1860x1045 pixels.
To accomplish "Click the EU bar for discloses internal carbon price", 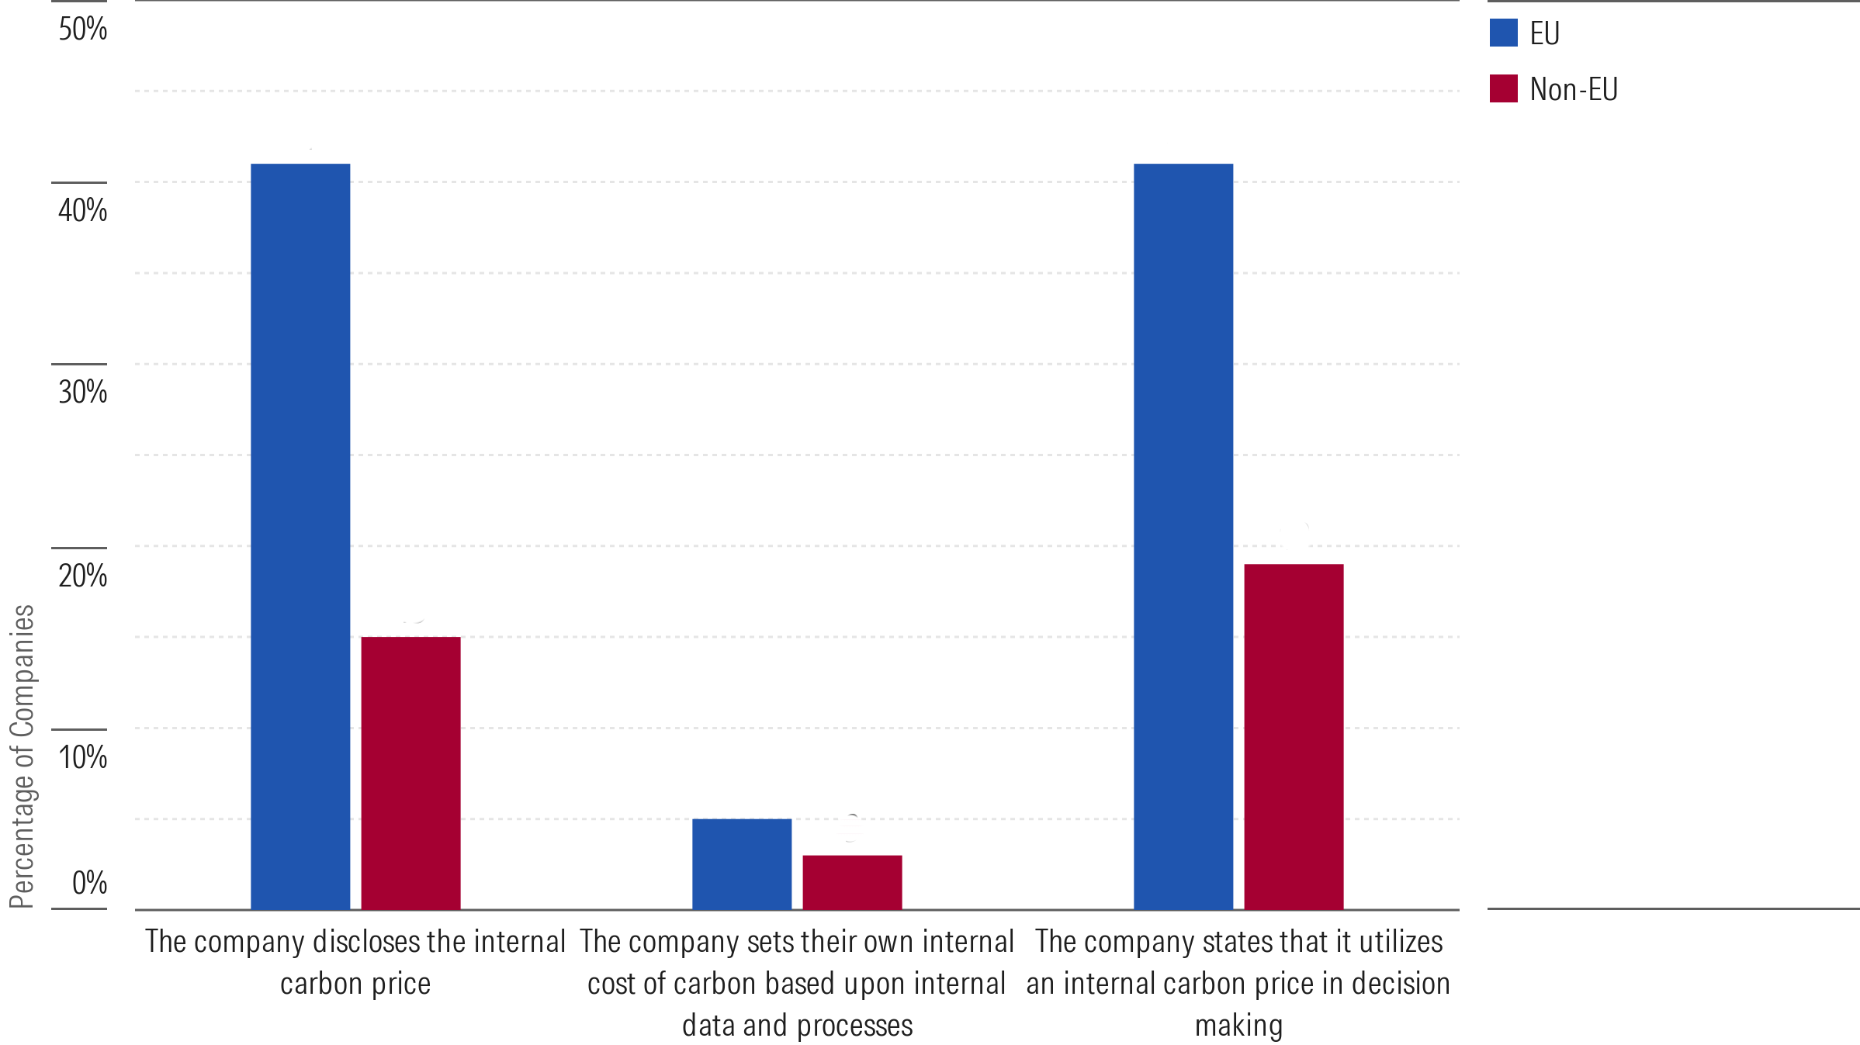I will (300, 536).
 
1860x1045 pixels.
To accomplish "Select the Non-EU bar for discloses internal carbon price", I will (410, 773).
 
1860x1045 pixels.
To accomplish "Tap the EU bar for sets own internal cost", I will (741, 863).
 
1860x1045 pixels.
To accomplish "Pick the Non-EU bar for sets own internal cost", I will (852, 882).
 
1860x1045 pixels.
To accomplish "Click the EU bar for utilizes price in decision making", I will (1183, 536).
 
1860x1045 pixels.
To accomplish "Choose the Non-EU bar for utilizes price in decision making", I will (1294, 736).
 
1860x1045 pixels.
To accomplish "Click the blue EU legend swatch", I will (1503, 33).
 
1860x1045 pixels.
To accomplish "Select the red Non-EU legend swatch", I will (1503, 88).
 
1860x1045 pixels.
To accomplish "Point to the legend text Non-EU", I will (1573, 90).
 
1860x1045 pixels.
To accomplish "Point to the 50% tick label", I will (82, 29).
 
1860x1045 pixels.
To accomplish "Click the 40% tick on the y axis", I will (82, 210).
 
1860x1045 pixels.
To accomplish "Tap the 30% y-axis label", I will (82, 392).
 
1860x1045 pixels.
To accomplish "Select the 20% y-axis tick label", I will (82, 576).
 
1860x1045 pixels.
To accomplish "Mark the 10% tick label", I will (82, 757).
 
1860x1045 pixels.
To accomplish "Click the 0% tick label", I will (89, 883).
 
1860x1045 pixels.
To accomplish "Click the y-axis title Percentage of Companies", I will (22, 756).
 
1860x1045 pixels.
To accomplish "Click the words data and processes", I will (797, 1026).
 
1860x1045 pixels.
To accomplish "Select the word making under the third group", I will (1238, 1026).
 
